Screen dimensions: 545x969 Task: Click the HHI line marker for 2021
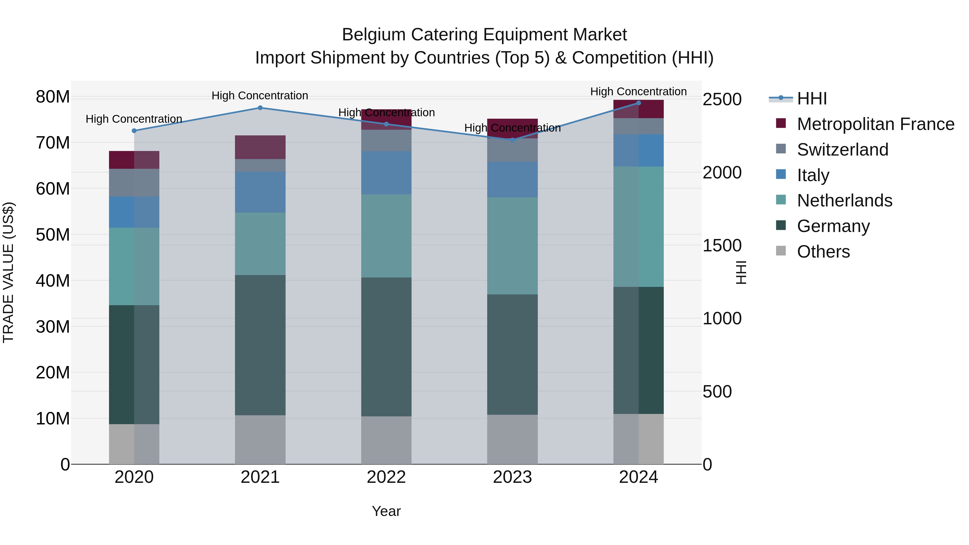coord(260,108)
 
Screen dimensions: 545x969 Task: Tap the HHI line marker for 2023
coord(512,140)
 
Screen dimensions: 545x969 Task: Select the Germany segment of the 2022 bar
coord(386,347)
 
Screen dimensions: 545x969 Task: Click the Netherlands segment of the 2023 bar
coord(512,246)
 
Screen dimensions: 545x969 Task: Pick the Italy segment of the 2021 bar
coord(260,192)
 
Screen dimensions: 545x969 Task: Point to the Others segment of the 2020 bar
coord(134,444)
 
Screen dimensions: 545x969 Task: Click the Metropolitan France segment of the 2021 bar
coord(260,147)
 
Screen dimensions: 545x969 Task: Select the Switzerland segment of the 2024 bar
coord(638,126)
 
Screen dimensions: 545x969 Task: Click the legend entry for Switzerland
coord(842,150)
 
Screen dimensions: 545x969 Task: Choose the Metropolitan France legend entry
coord(875,124)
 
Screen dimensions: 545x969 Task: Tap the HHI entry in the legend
coord(812,99)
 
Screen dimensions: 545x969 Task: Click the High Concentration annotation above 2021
coord(260,96)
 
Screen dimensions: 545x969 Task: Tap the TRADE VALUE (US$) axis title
coord(8,272)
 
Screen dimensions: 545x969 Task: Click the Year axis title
coord(386,511)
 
